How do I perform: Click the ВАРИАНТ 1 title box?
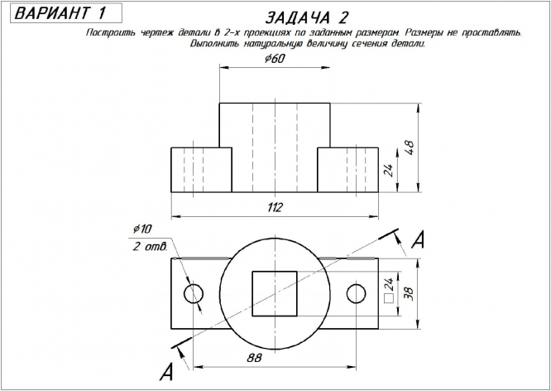tap(61, 13)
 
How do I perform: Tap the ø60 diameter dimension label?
tap(274, 60)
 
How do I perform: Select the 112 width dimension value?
tap(275, 206)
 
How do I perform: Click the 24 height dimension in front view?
tap(386, 170)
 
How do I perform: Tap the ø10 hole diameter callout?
tap(142, 229)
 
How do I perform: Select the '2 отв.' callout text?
tap(150, 247)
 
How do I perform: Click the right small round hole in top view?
tap(357, 293)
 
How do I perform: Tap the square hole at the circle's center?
tap(275, 293)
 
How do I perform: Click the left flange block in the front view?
tap(201, 169)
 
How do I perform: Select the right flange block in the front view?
tap(348, 169)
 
